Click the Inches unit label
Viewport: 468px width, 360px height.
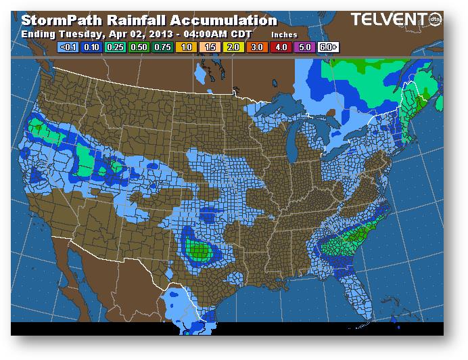click(284, 35)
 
